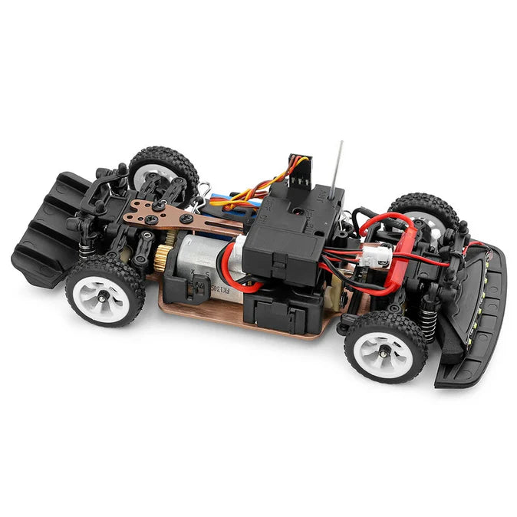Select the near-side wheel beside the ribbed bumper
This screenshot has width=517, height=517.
[105, 290]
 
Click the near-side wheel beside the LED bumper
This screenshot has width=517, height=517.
[385, 346]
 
